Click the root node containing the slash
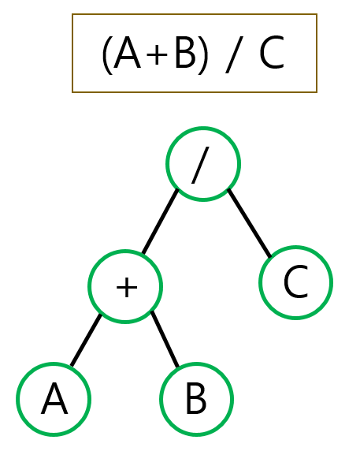tap(203, 164)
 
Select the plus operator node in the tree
tap(125, 286)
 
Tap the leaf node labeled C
tap(296, 282)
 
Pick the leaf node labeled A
tap(54, 399)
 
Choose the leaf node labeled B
tap(196, 399)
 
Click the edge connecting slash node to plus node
tap(161, 222)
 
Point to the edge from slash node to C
tap(249, 223)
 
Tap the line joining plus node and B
tap(165, 339)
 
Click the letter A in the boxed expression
tap(128, 53)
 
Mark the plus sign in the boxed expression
tap(157, 54)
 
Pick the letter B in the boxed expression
tap(185, 53)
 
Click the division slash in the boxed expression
tap(234, 54)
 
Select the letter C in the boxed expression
tap(272, 53)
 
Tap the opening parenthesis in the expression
tap(107, 55)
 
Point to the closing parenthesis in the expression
tap(202, 55)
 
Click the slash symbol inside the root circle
tap(201, 165)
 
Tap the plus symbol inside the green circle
tap(127, 287)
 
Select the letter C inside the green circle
tap(295, 282)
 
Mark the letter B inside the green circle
tap(196, 399)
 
